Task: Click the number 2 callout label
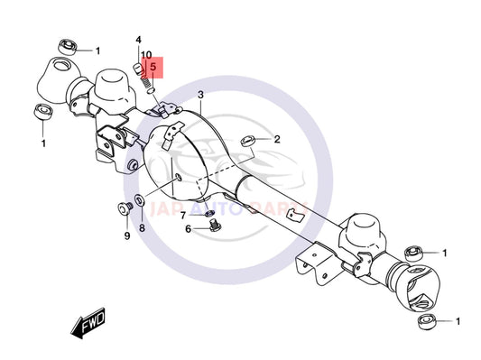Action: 277,140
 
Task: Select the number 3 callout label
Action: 201,95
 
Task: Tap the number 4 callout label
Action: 139,41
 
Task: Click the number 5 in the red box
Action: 153,67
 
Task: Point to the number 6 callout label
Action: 189,229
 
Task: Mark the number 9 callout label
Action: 126,235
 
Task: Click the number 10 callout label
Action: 146,56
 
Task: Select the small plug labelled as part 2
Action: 246,140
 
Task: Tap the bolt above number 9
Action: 125,209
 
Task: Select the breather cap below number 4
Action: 139,69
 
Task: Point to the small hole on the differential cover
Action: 180,177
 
